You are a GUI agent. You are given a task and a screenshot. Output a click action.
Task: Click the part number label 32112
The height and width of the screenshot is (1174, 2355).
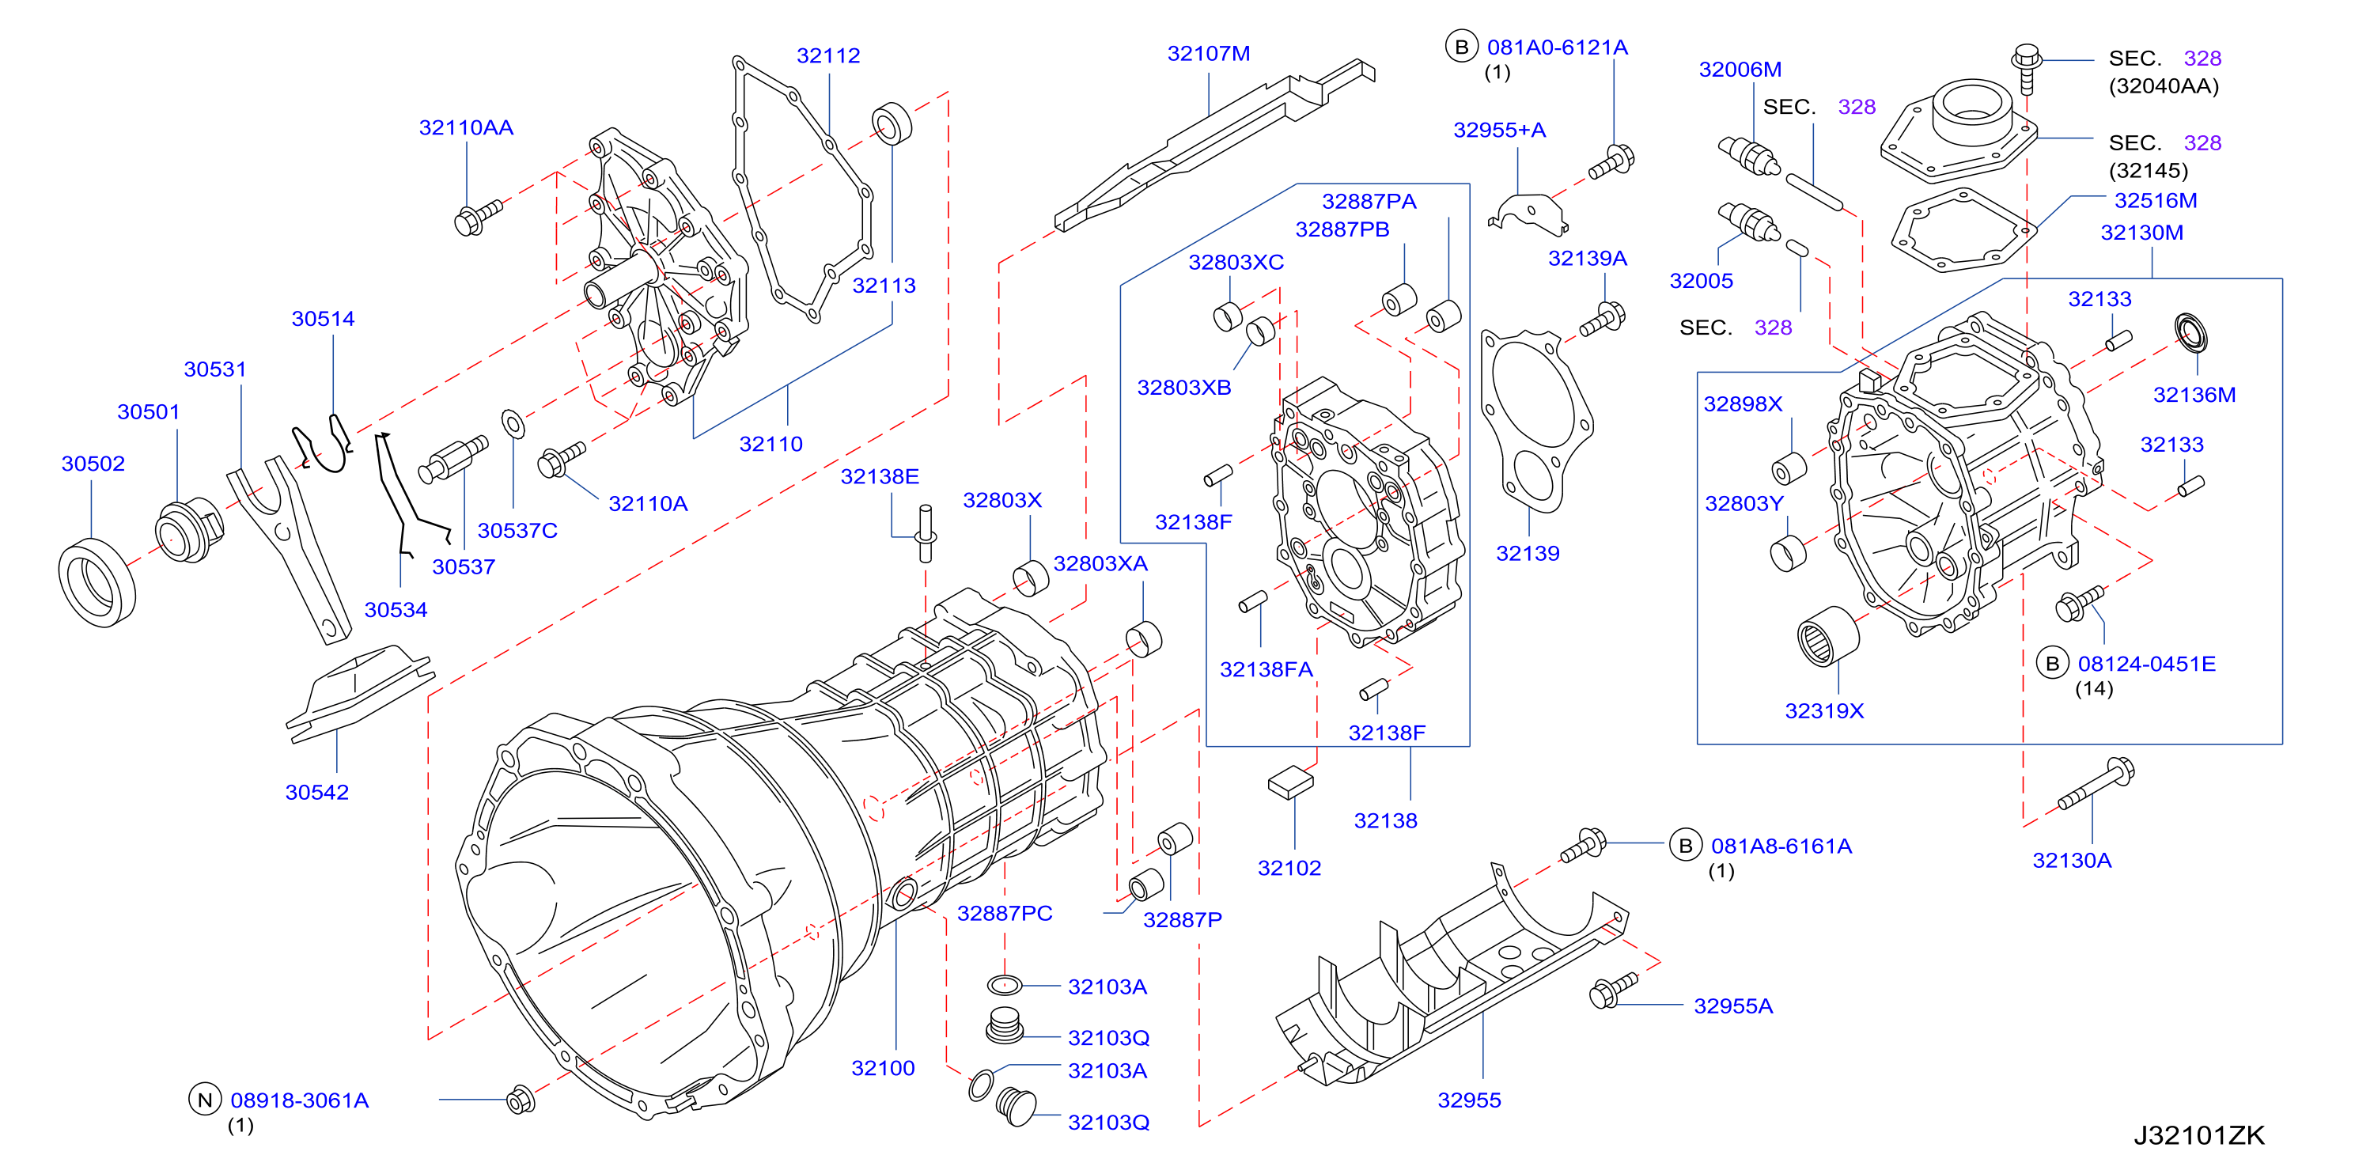tap(827, 56)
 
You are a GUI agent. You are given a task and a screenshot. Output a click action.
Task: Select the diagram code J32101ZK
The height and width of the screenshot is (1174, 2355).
tap(2198, 1134)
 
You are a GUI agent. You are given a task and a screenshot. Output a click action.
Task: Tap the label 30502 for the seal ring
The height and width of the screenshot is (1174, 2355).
tap(93, 464)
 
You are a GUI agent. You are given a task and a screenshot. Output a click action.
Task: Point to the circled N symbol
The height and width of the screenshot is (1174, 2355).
tap(205, 1100)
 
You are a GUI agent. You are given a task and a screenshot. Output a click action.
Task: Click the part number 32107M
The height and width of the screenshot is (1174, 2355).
tap(1208, 54)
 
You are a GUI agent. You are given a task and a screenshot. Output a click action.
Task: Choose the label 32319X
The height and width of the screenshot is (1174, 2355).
tap(1824, 710)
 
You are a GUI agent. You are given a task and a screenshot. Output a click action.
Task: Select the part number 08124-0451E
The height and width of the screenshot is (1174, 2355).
tap(2147, 664)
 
